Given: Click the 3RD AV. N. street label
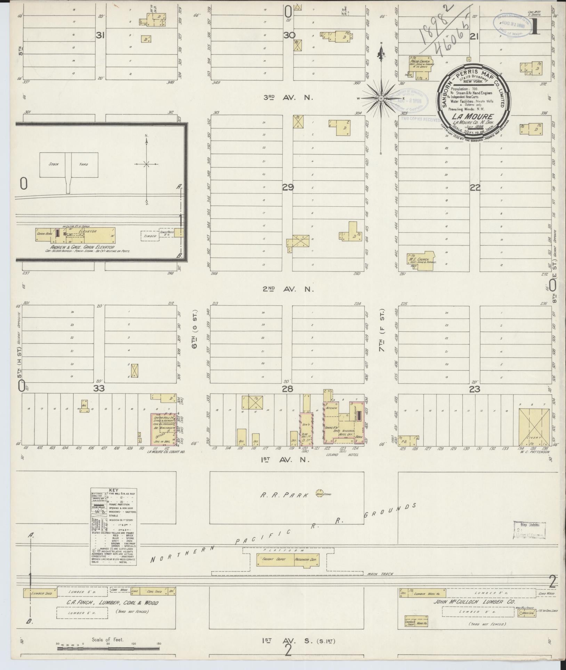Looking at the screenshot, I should tap(288, 98).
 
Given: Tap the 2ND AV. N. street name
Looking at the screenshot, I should tap(288, 289).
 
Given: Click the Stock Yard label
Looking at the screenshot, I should tap(68, 164).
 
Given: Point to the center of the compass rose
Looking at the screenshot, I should tap(381, 99).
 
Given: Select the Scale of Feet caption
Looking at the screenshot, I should tap(108, 639).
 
